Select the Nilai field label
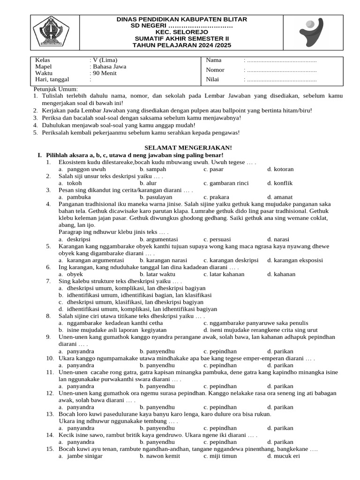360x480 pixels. click(x=212, y=79)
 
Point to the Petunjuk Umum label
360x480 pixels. click(x=56, y=89)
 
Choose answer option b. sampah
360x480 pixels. click(x=153, y=169)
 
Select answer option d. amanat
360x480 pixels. click(x=281, y=197)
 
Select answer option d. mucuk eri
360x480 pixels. click(x=283, y=456)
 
